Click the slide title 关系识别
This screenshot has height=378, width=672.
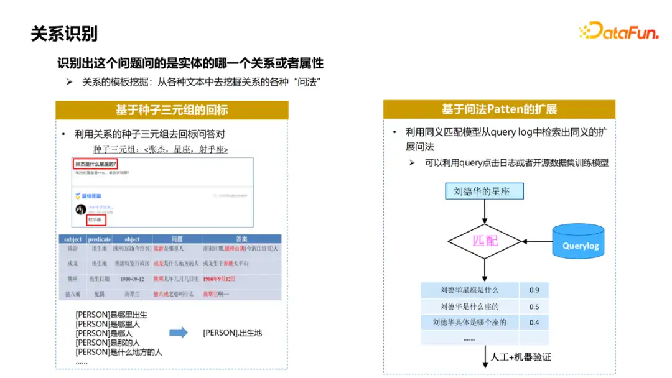pos(65,34)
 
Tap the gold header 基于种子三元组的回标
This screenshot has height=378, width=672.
pos(172,110)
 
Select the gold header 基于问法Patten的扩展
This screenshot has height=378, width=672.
pos(499,110)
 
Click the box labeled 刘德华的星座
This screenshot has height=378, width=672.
pos(484,191)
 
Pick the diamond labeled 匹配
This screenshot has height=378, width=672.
pos(485,240)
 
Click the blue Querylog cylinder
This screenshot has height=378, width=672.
pos(579,241)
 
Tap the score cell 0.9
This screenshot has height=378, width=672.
pos(534,290)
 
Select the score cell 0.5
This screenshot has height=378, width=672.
pos(534,307)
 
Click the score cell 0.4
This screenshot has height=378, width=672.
pos(534,323)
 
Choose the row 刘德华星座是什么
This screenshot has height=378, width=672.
pos(470,290)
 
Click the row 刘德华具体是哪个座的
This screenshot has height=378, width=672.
pos(470,323)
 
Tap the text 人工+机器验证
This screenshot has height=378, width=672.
pos(521,357)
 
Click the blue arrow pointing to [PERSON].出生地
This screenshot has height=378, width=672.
pos(179,333)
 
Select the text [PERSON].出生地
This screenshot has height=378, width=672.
pos(233,333)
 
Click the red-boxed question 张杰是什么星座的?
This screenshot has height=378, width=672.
pos(96,164)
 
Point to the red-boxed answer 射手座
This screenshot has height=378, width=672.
pos(96,220)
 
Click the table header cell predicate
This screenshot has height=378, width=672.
pos(100,239)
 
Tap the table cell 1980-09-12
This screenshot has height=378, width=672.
pos(131,279)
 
